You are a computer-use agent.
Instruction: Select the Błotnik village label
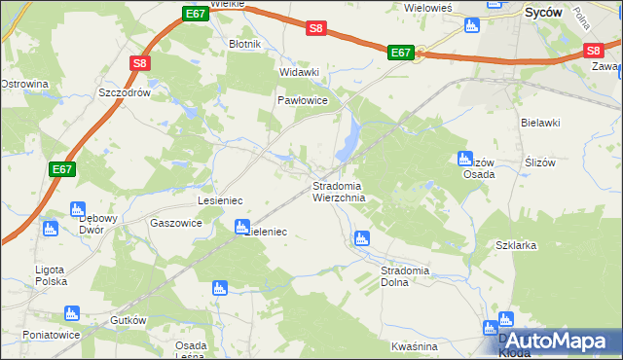242,45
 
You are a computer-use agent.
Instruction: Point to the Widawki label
299,72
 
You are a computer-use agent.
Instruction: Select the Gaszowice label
176,223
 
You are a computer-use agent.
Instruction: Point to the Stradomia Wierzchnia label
338,192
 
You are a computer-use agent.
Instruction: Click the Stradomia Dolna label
406,275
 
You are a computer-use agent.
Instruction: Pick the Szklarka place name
516,245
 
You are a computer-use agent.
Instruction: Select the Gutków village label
128,320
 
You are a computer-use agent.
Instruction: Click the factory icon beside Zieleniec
241,227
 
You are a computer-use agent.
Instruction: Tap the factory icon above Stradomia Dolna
362,237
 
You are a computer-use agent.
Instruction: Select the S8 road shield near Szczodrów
140,64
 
